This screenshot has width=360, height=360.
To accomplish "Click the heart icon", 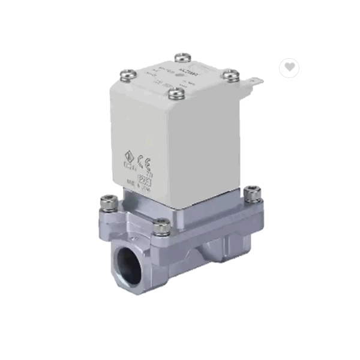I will (x=289, y=67).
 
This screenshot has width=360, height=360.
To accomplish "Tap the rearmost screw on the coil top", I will (x=182, y=58).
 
